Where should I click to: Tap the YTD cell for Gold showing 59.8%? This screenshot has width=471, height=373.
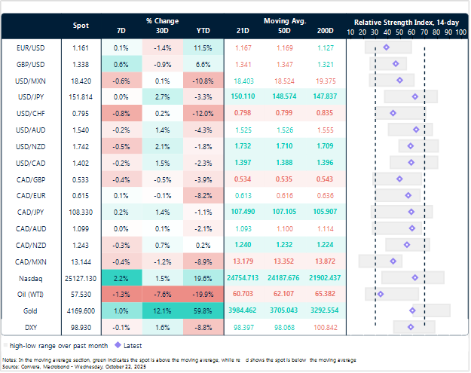[203, 310]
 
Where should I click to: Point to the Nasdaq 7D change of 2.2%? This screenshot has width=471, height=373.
[123, 277]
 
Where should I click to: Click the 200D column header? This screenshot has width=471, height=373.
[326, 30]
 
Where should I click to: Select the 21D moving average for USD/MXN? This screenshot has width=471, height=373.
[244, 80]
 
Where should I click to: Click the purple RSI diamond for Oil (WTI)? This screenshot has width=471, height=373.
[381, 293]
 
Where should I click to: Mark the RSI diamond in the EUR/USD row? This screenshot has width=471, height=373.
[387, 47]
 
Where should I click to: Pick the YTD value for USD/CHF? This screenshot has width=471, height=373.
[203, 113]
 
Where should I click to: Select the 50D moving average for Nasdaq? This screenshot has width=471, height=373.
[284, 277]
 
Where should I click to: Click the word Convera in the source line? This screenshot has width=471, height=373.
[29, 361]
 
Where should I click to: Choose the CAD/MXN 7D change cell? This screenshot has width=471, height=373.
[123, 261]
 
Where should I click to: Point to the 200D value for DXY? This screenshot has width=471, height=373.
[326, 326]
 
